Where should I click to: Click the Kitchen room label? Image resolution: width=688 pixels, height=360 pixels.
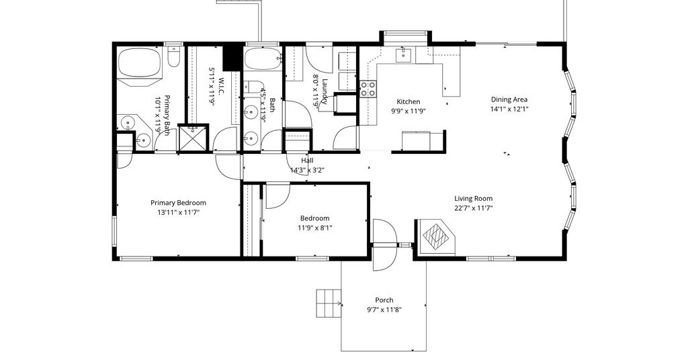click(408, 101)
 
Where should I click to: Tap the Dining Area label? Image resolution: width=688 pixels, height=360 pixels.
click(509, 99)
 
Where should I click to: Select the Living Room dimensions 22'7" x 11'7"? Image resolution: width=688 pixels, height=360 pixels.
click(474, 208)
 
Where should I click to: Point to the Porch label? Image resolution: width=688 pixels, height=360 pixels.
click(384, 300)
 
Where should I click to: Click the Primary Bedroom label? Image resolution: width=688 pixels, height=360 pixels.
click(178, 203)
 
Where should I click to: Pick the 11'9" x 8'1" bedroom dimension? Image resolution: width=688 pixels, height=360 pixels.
click(314, 228)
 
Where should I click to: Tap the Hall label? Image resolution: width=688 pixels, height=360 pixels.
click(307, 161)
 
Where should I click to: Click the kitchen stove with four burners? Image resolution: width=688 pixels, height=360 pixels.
click(368, 89)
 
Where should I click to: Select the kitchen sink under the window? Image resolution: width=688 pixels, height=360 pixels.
click(403, 55)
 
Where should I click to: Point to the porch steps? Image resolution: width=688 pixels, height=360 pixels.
click(329, 303)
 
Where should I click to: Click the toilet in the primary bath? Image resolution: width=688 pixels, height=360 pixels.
click(174, 56)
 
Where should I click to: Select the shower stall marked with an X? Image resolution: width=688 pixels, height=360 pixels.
click(193, 138)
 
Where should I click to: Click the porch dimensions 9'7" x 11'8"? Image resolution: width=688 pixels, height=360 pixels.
click(384, 310)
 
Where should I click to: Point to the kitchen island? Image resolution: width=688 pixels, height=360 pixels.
click(417, 140)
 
